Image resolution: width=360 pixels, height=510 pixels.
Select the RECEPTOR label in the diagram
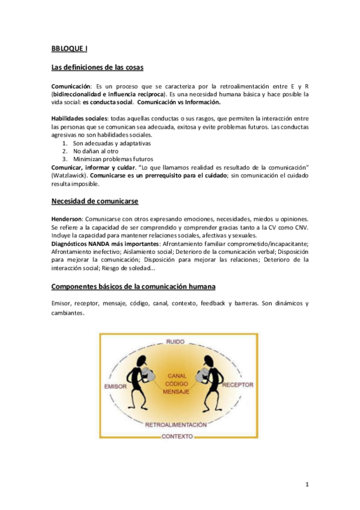237,384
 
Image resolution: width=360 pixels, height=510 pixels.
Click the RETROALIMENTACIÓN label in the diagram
176,425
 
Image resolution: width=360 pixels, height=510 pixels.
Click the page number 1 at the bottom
306,485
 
